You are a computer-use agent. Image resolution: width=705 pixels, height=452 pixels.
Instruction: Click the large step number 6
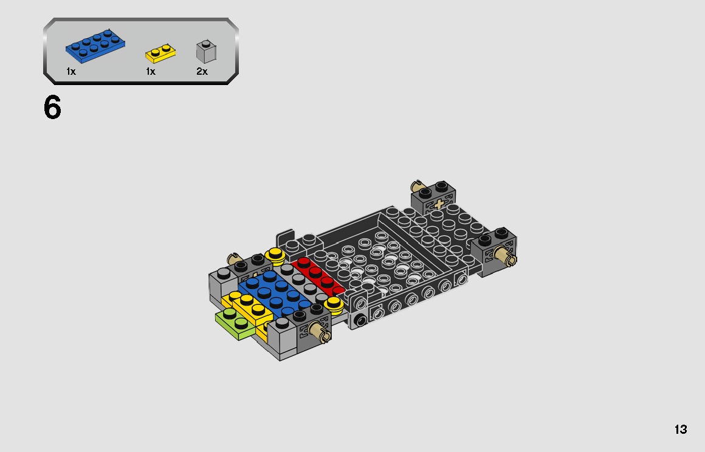pyautogui.click(x=53, y=108)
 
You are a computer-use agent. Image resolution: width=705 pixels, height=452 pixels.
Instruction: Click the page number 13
pyautogui.click(x=680, y=430)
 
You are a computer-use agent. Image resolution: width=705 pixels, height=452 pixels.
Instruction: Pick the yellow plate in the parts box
pyautogui.click(x=160, y=54)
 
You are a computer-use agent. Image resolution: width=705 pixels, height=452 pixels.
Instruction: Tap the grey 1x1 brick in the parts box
pyautogui.click(x=207, y=52)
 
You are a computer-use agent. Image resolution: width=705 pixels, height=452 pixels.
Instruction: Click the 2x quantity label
pyautogui.click(x=202, y=72)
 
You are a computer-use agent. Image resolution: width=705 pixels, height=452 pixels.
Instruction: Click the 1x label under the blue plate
pyautogui.click(x=71, y=72)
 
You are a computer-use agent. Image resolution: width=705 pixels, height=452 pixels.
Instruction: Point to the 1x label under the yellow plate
pyautogui.click(x=151, y=72)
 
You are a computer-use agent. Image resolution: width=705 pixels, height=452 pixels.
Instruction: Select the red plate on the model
pyautogui.click(x=317, y=277)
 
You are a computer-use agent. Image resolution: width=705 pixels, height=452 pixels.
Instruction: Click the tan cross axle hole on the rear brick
pyautogui.click(x=439, y=204)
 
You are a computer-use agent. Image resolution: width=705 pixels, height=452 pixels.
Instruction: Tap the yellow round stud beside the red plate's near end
pyautogui.click(x=334, y=303)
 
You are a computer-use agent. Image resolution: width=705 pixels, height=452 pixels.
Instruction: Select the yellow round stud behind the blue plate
pyautogui.click(x=275, y=255)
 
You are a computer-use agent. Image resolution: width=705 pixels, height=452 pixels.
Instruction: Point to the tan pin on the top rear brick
pyautogui.click(x=417, y=186)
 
